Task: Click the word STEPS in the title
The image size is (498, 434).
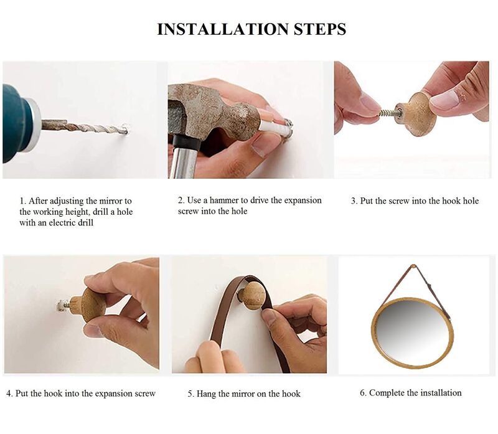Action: pyautogui.click(x=320, y=29)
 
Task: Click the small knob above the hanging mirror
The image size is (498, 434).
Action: pyautogui.click(x=413, y=266)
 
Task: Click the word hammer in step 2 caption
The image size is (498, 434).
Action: pyautogui.click(x=224, y=200)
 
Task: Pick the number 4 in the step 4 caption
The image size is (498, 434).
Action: pyautogui.click(x=9, y=394)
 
